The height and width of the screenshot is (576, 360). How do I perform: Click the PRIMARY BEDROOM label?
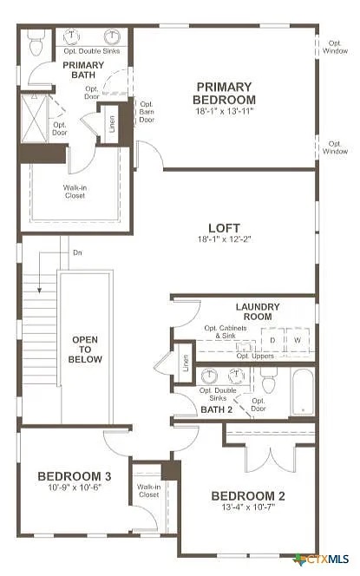click(x=224, y=93)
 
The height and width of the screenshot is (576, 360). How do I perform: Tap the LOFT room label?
click(x=223, y=228)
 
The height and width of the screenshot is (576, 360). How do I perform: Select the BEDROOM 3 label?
click(x=74, y=476)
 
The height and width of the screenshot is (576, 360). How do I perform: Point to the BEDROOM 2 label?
click(x=248, y=496)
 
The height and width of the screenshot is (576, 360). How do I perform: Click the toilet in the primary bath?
click(x=36, y=43)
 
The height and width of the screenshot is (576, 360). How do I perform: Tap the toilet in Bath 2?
click(x=268, y=381)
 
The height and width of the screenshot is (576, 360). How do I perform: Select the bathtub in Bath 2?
click(x=303, y=392)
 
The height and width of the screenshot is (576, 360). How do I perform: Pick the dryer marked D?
click(x=272, y=341)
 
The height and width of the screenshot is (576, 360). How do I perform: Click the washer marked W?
click(x=298, y=341)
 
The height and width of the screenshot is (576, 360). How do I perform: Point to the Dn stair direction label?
click(x=77, y=252)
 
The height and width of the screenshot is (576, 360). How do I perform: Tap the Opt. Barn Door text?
click(x=147, y=111)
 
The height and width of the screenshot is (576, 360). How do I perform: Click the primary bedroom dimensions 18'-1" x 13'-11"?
click(x=224, y=112)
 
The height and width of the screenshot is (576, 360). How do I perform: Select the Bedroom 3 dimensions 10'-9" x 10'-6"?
click(x=74, y=488)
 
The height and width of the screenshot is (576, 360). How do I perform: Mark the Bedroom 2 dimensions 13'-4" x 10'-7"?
click(x=248, y=507)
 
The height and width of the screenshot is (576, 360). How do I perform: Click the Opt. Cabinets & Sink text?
click(x=232, y=332)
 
